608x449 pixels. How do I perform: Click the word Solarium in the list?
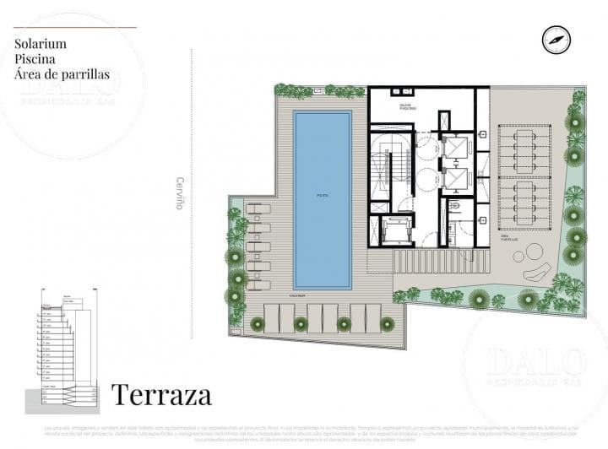tap(41, 43)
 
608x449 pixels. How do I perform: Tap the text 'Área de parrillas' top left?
tap(62, 74)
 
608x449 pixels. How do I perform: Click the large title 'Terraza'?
tap(161, 394)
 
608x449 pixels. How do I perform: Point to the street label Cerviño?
tap(179, 192)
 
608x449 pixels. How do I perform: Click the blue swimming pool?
tap(323, 198)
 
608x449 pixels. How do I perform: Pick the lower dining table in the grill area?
tap(524, 203)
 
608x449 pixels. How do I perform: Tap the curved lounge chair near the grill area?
tap(538, 272)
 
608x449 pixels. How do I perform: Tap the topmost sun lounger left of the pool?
tap(258, 208)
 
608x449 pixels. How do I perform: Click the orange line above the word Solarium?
tap(74, 27)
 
